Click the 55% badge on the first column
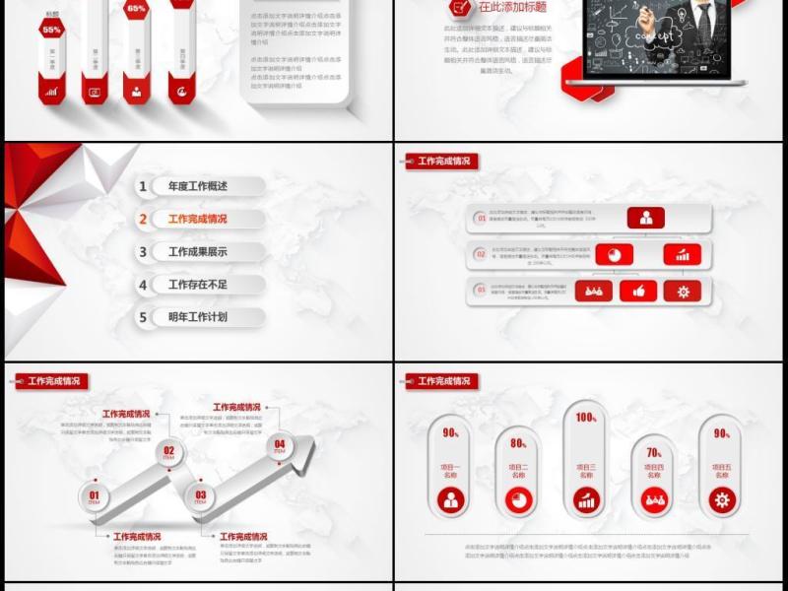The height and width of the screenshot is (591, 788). (51, 31)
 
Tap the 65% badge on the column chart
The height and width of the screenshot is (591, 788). (137, 9)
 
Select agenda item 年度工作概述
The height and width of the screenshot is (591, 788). (198, 186)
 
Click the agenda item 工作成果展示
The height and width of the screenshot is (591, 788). (198, 252)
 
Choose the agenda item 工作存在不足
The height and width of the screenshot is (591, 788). (198, 285)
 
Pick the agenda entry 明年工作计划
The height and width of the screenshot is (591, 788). (198, 317)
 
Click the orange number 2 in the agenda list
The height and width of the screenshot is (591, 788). (144, 220)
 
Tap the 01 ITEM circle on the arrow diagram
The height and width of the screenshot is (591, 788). (95, 497)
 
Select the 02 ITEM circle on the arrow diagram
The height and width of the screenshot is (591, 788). (168, 453)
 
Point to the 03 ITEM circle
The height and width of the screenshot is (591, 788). (201, 496)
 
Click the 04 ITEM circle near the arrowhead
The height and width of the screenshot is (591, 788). (280, 445)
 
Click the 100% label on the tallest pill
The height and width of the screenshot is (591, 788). (586, 418)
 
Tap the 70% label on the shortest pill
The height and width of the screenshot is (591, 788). (654, 453)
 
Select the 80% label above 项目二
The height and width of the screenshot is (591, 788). (518, 443)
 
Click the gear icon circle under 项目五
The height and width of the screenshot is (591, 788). (722, 500)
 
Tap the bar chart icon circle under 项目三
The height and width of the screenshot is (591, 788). (586, 500)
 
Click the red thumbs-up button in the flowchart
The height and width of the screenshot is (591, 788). (639, 291)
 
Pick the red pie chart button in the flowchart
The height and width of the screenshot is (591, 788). (615, 254)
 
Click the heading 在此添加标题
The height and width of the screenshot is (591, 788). (512, 6)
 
